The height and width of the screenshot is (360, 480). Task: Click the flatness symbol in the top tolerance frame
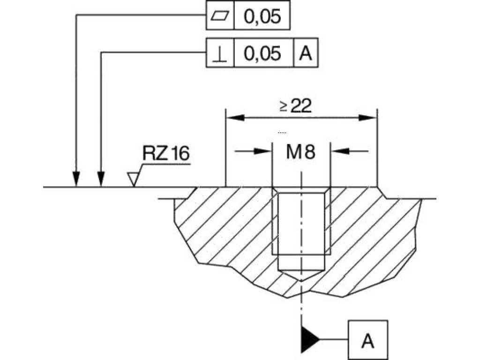pyautogui.click(x=220, y=17)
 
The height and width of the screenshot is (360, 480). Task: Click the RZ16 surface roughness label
pyautogui.click(x=166, y=154)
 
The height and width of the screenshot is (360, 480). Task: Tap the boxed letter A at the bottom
pyautogui.click(x=368, y=341)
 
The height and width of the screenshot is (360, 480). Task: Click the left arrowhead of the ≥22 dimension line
pyautogui.click(x=233, y=118)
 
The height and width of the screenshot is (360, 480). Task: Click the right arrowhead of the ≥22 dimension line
pyautogui.click(x=370, y=118)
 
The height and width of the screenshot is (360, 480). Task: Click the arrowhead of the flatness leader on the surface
pyautogui.click(x=76, y=180)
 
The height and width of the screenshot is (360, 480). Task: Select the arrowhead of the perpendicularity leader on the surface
pyautogui.click(x=101, y=180)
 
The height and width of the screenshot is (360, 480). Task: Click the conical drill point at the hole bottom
pyautogui.click(x=301, y=275)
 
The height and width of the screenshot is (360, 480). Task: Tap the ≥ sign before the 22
pyautogui.click(x=284, y=107)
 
